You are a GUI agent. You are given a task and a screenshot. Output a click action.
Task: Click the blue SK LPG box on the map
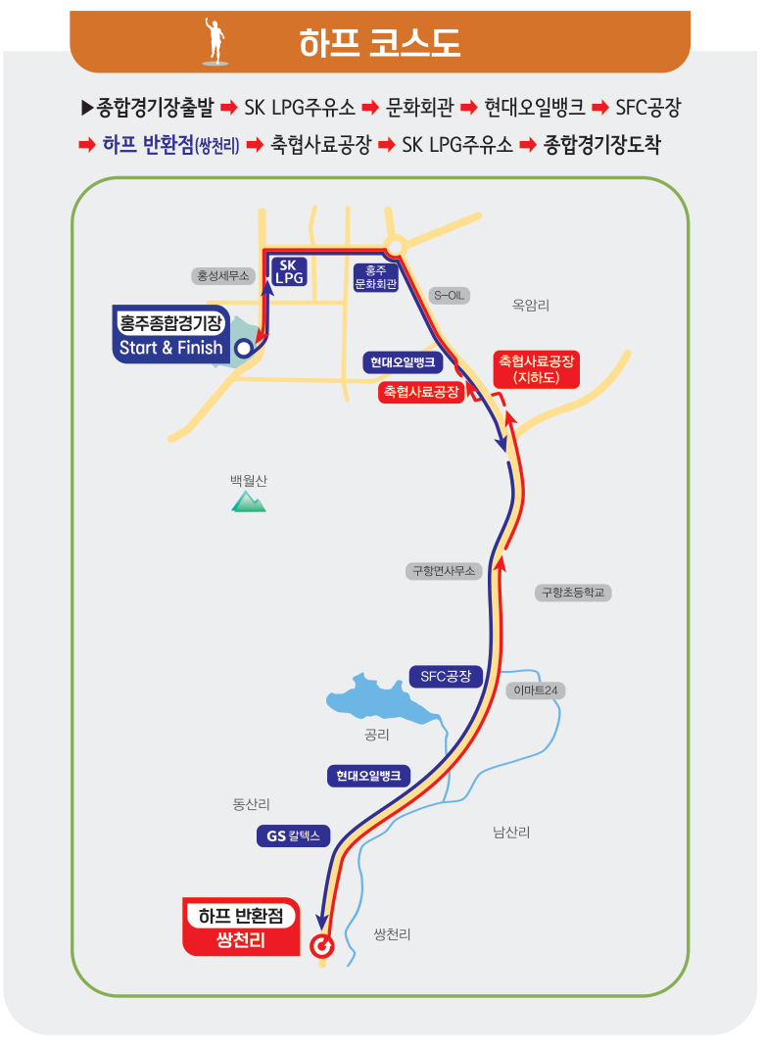point(288,271)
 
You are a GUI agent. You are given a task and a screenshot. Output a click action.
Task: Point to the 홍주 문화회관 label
point(375,277)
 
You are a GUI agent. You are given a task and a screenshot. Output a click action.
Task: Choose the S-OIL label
point(452,295)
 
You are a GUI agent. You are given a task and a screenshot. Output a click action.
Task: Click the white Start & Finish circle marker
point(243,347)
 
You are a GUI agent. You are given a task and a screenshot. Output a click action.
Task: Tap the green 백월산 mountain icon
point(249,501)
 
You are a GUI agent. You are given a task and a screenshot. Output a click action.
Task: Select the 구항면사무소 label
point(443,571)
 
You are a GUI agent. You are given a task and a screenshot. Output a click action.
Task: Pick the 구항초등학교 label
point(573,593)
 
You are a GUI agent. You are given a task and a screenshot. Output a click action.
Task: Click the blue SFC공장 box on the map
point(446,676)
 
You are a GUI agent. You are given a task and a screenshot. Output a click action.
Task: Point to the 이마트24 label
point(536,691)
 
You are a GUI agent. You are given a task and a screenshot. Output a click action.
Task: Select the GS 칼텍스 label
point(293,836)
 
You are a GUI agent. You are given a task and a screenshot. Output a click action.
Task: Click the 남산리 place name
point(510,833)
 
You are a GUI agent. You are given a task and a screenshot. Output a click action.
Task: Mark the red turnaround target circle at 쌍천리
point(321,946)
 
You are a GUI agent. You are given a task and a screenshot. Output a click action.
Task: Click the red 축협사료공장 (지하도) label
point(536,368)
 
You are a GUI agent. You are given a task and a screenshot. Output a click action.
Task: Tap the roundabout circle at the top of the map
point(395,246)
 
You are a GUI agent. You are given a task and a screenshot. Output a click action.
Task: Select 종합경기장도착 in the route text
point(602,145)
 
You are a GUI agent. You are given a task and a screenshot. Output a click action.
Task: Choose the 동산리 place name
point(251,804)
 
